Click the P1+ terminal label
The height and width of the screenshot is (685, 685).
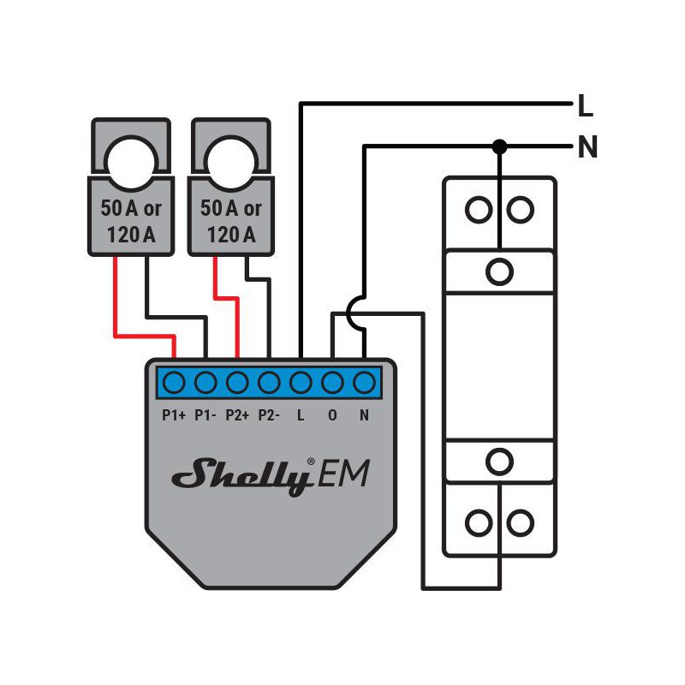pyautogui.click(x=174, y=415)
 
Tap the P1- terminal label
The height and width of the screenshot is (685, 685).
pyautogui.click(x=205, y=415)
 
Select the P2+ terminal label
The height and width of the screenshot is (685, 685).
pyautogui.click(x=237, y=415)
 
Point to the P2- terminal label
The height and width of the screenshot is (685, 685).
pyautogui.click(x=269, y=415)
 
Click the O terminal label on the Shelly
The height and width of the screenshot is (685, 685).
pyautogui.click(x=332, y=415)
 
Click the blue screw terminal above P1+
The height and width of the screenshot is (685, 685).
pyautogui.click(x=174, y=383)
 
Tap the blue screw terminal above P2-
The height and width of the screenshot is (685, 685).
pyautogui.click(x=269, y=383)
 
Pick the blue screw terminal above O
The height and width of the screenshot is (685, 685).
pyautogui.click(x=332, y=383)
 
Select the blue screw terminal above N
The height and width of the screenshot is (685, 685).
pyautogui.click(x=364, y=383)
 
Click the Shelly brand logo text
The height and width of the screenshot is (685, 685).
pyautogui.click(x=243, y=476)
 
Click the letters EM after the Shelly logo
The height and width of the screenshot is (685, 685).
pyautogui.click(x=343, y=474)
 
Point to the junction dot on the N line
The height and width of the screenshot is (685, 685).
pyautogui.click(x=499, y=146)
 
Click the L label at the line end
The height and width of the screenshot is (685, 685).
pyautogui.click(x=586, y=105)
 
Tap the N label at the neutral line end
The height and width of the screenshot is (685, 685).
pyautogui.click(x=587, y=146)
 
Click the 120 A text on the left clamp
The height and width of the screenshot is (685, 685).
pyautogui.click(x=131, y=235)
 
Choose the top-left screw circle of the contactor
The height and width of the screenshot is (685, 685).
pyautogui.click(x=479, y=210)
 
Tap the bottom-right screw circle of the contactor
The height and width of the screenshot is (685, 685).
pyautogui.click(x=520, y=522)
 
